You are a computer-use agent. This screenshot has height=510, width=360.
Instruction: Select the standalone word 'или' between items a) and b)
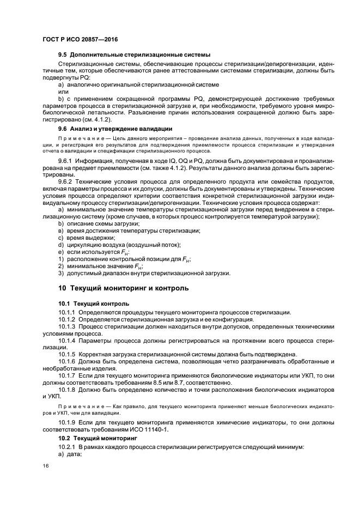[x=63, y=92]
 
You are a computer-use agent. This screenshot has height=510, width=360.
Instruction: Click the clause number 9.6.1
[x=67, y=162]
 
